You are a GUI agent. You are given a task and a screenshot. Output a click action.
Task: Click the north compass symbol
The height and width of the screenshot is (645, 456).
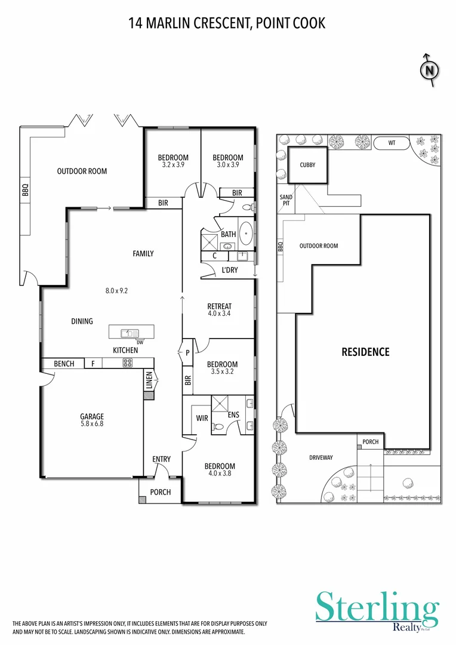[x=429, y=70]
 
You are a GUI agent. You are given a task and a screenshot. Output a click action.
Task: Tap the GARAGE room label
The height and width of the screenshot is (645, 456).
[x=93, y=416]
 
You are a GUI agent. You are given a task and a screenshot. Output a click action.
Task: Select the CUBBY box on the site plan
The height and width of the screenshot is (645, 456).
[x=307, y=165]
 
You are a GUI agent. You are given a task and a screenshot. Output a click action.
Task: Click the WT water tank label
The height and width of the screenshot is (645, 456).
[x=392, y=143]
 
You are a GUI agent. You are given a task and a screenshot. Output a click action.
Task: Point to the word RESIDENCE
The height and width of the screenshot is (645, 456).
[x=365, y=352]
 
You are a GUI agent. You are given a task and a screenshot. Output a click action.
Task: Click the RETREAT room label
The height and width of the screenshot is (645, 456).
[x=220, y=306]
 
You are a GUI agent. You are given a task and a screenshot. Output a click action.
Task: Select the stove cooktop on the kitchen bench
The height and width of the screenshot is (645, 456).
[x=127, y=363]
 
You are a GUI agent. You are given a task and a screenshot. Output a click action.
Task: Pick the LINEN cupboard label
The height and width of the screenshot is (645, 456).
[x=149, y=380]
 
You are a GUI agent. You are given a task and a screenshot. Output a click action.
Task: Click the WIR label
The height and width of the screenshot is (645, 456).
[x=202, y=418]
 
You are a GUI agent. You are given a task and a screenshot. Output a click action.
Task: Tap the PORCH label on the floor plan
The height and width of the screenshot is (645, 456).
[x=161, y=492]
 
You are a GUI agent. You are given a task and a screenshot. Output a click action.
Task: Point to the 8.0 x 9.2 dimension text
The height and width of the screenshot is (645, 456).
[x=117, y=291]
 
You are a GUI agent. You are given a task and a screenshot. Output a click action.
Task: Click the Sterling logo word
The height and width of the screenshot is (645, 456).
[x=377, y=608]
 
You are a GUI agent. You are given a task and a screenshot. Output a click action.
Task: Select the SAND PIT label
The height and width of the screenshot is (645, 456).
[x=286, y=199]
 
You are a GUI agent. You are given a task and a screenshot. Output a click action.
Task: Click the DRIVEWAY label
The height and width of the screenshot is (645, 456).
[x=321, y=457]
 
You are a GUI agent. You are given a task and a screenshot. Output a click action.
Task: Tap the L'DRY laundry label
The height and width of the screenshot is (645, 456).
[x=229, y=271]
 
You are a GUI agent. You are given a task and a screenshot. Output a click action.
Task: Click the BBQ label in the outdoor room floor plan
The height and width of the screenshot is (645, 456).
[x=25, y=190]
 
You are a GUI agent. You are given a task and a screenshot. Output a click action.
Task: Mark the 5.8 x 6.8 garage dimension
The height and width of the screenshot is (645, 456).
[x=93, y=424]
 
